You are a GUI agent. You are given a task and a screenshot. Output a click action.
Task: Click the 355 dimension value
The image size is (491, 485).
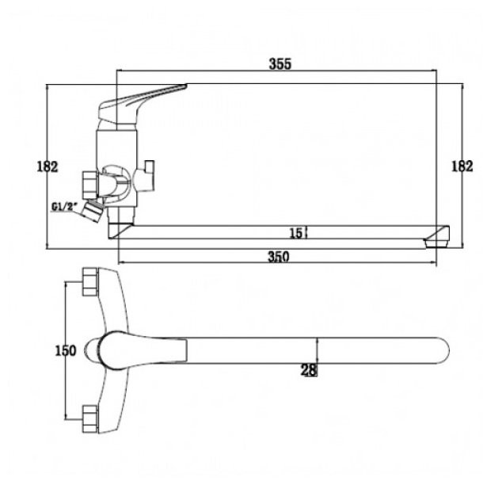click(280, 63)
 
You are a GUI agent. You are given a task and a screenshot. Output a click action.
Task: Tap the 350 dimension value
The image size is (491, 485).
click(279, 257)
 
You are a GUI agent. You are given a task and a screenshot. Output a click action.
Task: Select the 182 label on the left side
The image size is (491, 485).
click(48, 166)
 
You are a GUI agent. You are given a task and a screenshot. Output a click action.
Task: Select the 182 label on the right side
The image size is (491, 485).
click(462, 166)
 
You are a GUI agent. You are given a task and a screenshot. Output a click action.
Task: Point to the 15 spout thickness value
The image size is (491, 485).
click(296, 233)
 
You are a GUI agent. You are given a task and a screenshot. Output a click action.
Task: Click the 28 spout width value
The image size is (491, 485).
click(309, 370)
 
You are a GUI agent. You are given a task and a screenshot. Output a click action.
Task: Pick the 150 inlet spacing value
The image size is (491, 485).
click(66, 350)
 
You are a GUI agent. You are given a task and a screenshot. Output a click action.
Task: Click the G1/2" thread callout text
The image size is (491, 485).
click(64, 207)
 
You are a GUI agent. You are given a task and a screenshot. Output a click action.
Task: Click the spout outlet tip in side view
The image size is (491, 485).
click(437, 237)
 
